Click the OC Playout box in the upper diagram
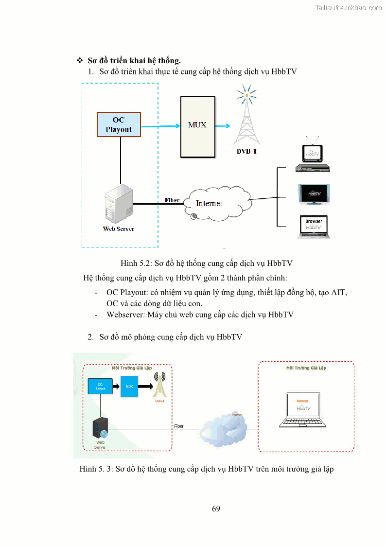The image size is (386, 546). click(119, 124)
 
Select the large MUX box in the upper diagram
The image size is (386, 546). click(197, 126)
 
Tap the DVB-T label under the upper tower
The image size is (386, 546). click(246, 151)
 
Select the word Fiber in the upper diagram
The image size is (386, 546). click(172, 200)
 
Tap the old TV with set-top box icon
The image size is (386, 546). click(313, 156)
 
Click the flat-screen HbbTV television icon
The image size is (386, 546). click(314, 194)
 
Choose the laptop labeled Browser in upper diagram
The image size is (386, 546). click(314, 227)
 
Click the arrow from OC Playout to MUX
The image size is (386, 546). click(160, 126)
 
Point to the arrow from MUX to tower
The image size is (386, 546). click(223, 126)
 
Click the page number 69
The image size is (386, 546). click(216, 509)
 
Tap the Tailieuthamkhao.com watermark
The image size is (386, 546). click(348, 8)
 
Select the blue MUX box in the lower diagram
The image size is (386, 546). click(129, 387)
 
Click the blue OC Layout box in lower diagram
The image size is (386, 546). click(100, 386)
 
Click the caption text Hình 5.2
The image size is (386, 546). click(206, 263)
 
